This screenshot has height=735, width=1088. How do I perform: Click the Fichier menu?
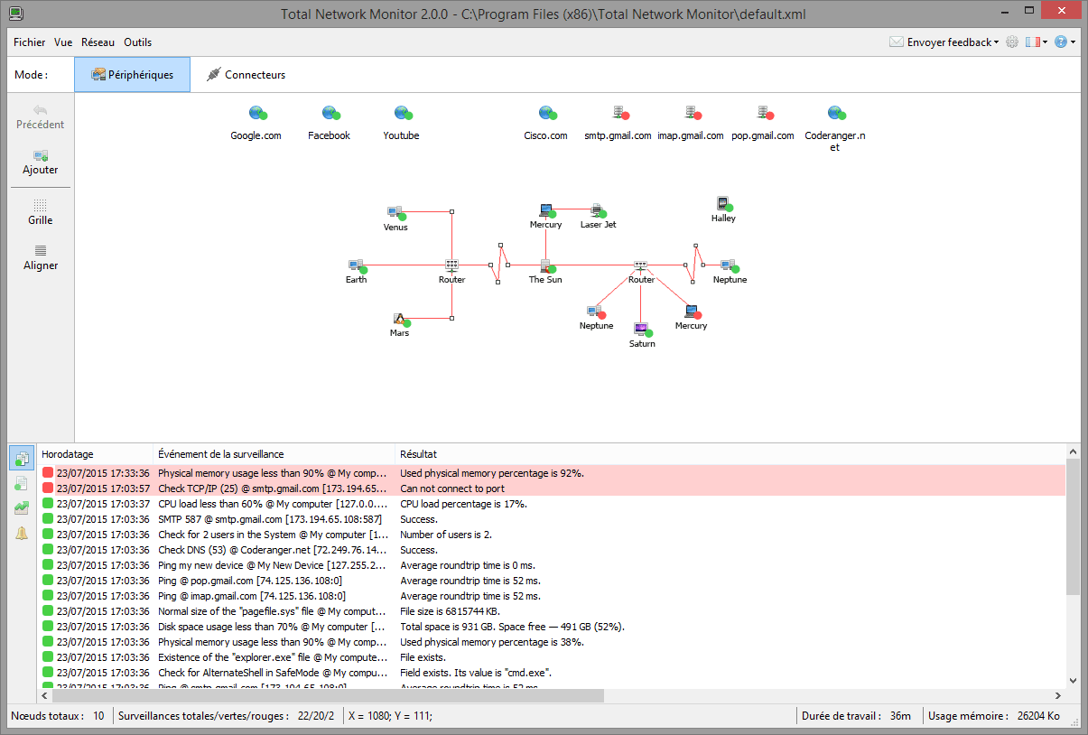click(x=29, y=42)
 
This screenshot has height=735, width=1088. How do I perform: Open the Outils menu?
click(x=137, y=42)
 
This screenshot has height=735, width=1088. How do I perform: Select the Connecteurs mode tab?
click(x=246, y=74)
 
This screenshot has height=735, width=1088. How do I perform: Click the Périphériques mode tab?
click(x=132, y=74)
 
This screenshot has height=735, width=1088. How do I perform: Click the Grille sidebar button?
click(x=41, y=212)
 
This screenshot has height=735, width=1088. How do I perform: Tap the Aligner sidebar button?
click(x=41, y=257)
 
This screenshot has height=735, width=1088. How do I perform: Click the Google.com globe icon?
click(x=257, y=113)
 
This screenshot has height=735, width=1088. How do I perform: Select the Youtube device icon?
click(x=403, y=113)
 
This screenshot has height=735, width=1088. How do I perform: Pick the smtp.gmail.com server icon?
click(x=620, y=113)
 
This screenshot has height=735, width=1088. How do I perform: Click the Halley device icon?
click(x=724, y=203)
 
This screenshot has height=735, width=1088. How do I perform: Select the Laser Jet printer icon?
click(x=599, y=210)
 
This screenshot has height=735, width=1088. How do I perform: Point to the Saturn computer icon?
click(x=643, y=330)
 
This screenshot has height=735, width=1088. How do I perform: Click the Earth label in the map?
click(x=356, y=279)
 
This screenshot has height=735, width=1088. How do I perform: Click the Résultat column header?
click(x=418, y=454)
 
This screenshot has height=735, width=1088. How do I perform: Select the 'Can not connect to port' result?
click(x=452, y=488)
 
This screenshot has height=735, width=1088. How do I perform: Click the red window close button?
click(x=1062, y=11)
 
